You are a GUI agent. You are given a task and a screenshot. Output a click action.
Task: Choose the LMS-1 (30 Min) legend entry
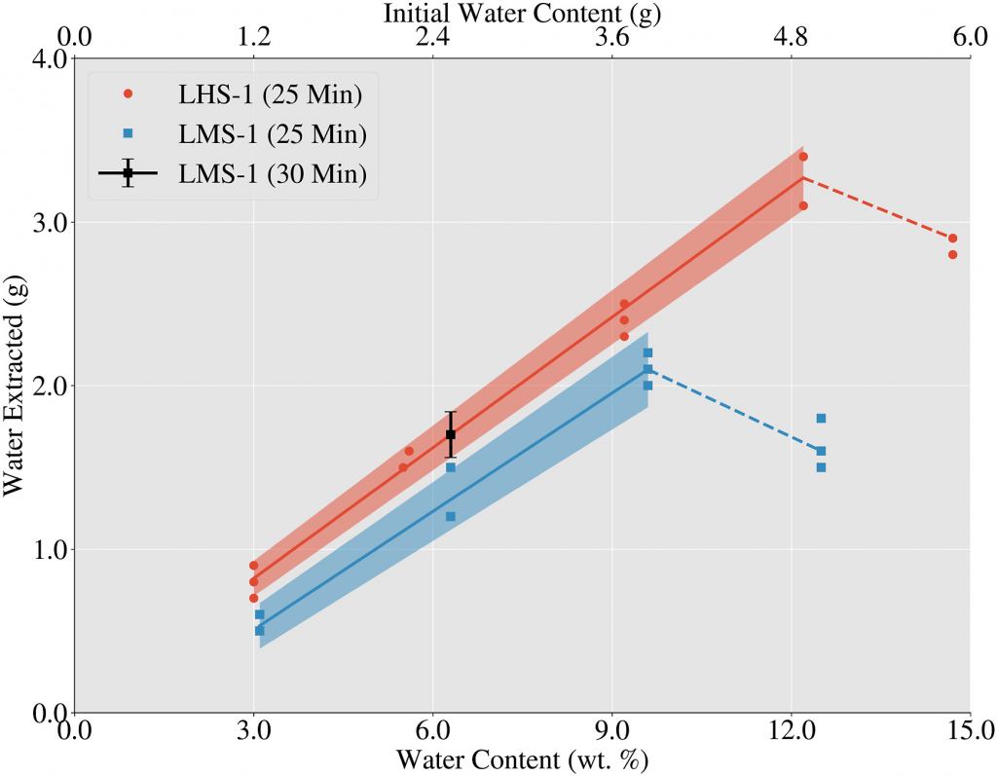point(234,173)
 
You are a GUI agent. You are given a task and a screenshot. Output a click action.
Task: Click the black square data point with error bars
point(450,434)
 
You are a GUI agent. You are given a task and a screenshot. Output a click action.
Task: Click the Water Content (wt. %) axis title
point(522,758)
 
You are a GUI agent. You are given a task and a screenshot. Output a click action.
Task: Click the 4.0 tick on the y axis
point(52,58)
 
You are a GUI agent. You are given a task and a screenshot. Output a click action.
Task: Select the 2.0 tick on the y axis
point(52,386)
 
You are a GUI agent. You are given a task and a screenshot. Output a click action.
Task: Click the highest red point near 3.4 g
point(802,157)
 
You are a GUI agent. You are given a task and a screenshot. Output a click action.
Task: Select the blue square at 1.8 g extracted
point(821,419)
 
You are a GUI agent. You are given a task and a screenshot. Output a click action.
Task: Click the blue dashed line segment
point(734,410)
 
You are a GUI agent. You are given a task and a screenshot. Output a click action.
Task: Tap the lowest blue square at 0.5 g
point(259,631)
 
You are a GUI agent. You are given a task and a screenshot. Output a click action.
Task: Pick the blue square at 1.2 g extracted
point(450,516)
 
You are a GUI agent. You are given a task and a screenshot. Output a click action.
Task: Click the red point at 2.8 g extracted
point(952,255)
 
